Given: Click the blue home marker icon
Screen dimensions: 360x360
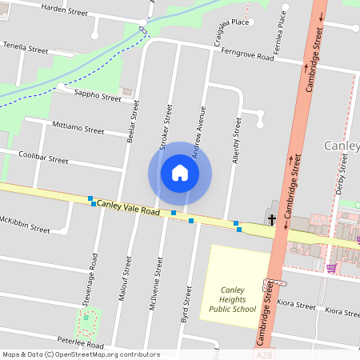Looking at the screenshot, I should (180, 173).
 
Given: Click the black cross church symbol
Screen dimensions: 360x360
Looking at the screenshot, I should (272, 218).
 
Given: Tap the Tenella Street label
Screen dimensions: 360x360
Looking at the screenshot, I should (26, 48).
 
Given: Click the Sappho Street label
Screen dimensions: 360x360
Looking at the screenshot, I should (98, 98).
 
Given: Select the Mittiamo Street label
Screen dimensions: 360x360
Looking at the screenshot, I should (78, 129).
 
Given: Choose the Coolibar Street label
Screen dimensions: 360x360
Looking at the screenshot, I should (43, 158).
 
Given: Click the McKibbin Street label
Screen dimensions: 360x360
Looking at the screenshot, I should (24, 225).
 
